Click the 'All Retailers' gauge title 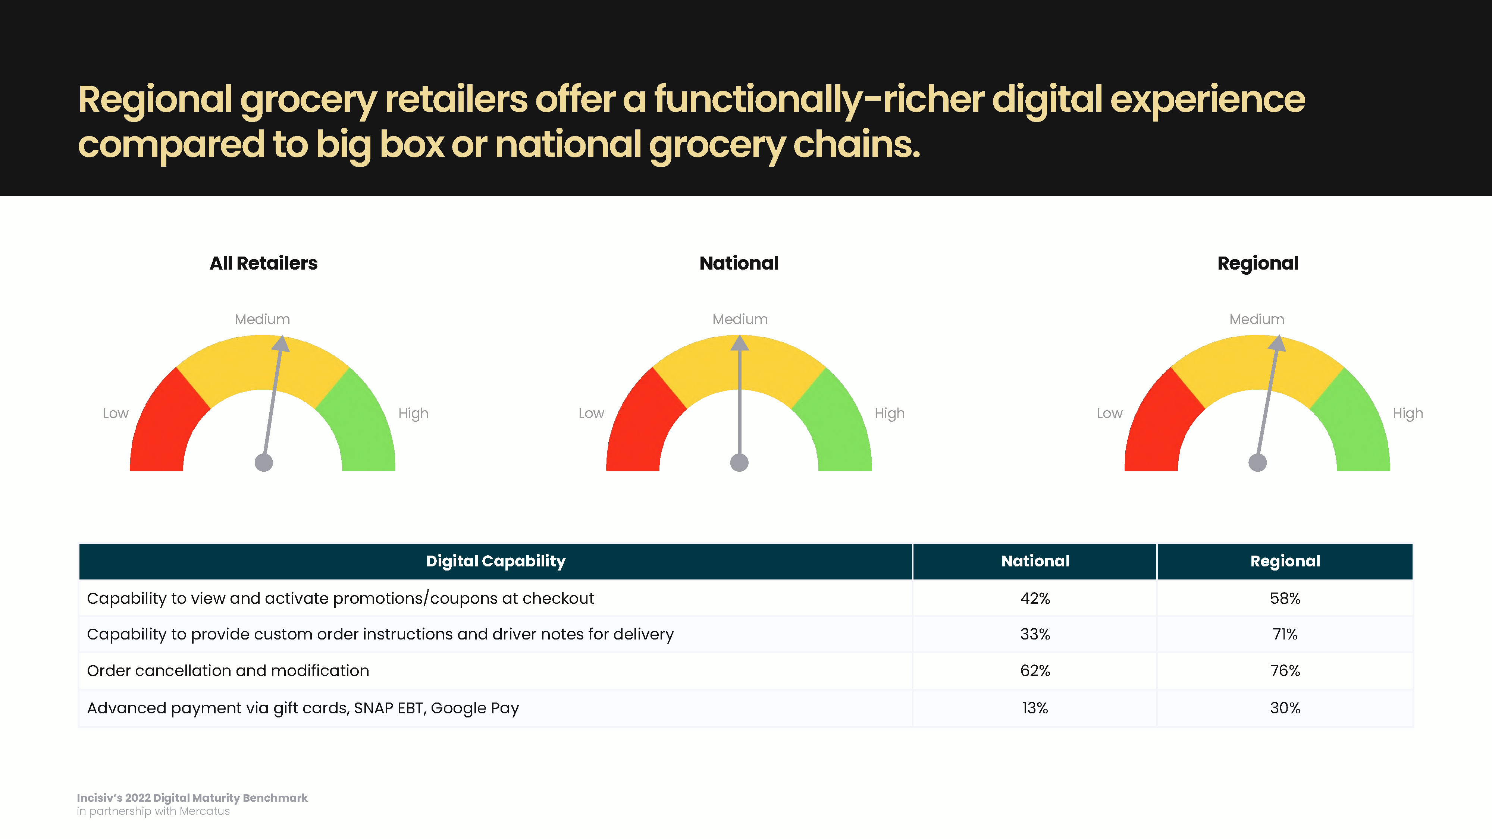coord(264,264)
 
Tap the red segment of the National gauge coord(643,425)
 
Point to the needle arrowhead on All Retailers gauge coord(281,343)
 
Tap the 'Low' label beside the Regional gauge coord(1110,414)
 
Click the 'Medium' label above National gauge coord(740,319)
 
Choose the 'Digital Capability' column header coord(496,561)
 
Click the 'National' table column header coord(1035,561)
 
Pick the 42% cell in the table coord(1035,598)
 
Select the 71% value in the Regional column coord(1285,634)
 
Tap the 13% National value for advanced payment coord(1035,708)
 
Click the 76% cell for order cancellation coord(1285,670)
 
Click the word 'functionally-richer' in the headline coord(819,100)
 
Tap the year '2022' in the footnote coord(138,798)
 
